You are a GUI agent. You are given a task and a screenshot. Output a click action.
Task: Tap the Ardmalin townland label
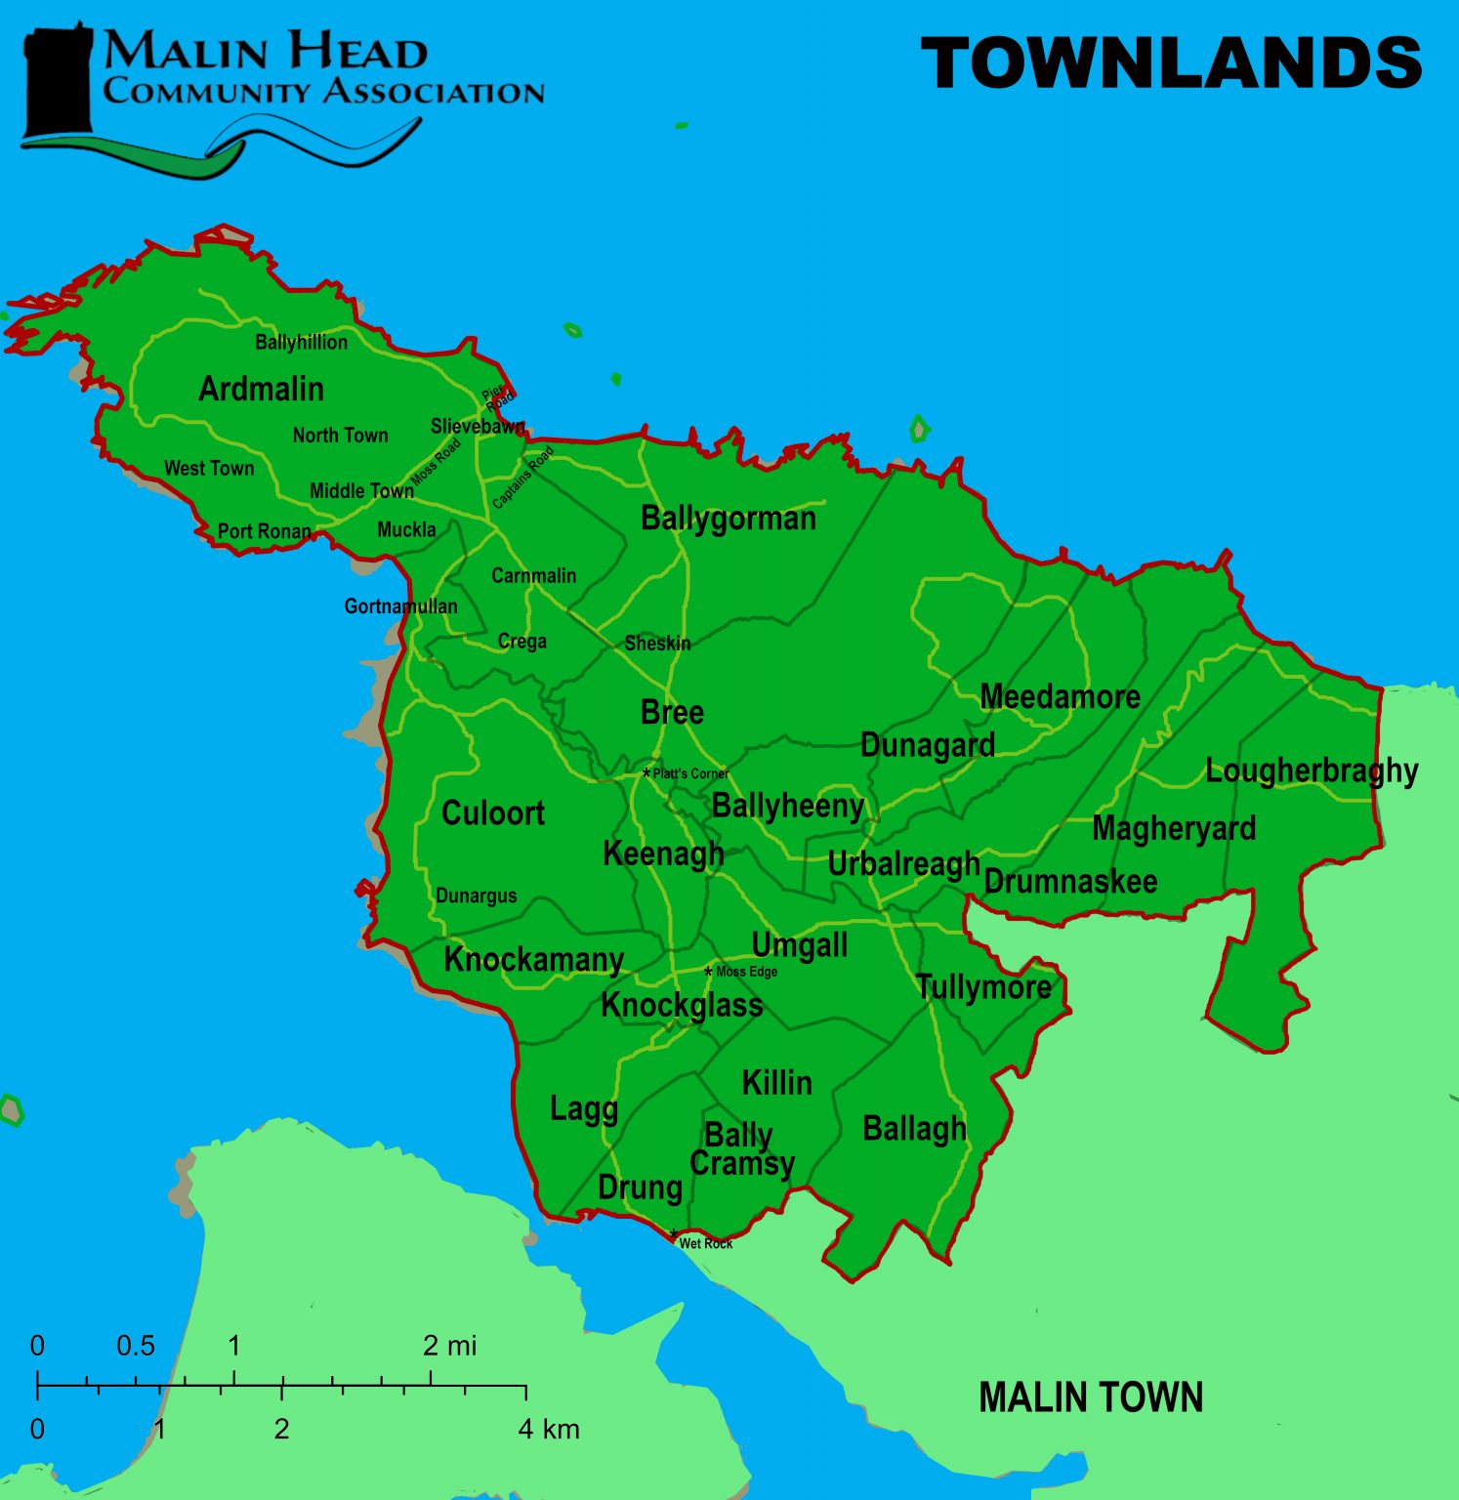pos(261,389)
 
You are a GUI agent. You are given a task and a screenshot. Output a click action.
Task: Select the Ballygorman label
pos(728,519)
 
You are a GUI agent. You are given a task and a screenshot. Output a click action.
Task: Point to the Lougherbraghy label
pos(1311,771)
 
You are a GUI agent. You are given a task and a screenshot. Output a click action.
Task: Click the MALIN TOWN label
pos(1090,1397)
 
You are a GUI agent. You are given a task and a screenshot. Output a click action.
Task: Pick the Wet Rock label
pos(705,1243)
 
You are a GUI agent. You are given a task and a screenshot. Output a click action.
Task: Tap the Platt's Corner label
pos(690,773)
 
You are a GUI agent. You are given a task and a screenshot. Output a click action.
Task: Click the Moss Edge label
pos(746,972)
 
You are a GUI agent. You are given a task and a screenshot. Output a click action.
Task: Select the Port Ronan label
pos(264,531)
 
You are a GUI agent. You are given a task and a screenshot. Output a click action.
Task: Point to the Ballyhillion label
pos(301,342)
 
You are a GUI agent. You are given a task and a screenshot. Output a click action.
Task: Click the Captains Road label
pos(522,478)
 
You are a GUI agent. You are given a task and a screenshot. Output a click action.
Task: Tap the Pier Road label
pos(498,396)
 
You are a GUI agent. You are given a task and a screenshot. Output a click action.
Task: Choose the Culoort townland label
pos(492,812)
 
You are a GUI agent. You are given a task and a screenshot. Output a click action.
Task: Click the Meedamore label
pos(1060,696)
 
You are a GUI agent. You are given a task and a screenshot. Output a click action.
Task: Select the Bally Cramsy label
pos(741,1149)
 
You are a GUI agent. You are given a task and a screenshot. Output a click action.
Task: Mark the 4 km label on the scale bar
pos(549,1429)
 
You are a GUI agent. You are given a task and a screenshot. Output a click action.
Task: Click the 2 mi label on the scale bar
pos(449,1346)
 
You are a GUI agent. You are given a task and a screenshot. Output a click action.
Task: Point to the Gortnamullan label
pos(400,606)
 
